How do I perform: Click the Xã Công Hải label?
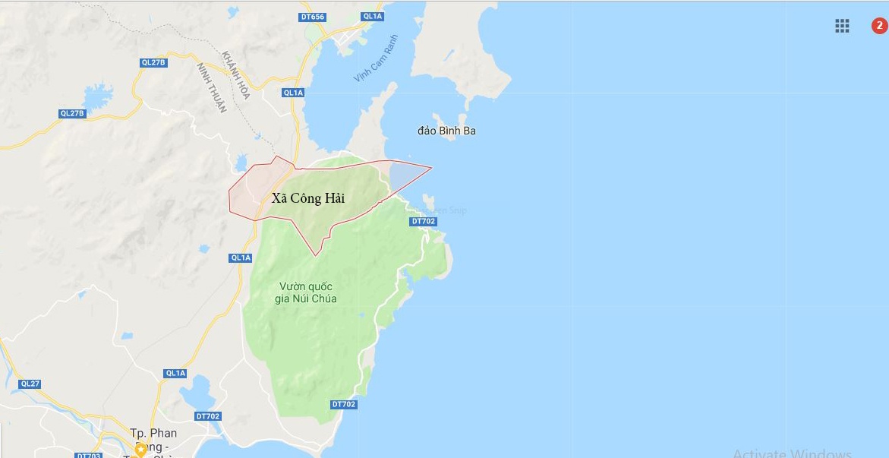pyautogui.click(x=307, y=199)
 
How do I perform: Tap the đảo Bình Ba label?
pyautogui.click(x=446, y=131)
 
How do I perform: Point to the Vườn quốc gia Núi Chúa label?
pyautogui.click(x=306, y=292)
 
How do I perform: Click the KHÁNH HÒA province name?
pyautogui.click(x=236, y=77)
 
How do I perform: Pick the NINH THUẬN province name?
pyautogui.click(x=212, y=88)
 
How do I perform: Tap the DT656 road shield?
pyautogui.click(x=312, y=16)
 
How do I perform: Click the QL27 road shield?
pyautogui.click(x=30, y=384)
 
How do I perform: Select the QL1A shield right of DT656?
pyautogui.click(x=373, y=16)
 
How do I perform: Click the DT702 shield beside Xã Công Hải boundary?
pyautogui.click(x=423, y=221)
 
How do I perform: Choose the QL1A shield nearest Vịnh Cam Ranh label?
pyautogui.click(x=293, y=93)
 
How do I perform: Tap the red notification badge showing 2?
pyautogui.click(x=879, y=26)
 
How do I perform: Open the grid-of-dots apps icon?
pyautogui.click(x=842, y=26)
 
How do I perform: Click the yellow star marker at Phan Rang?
pyautogui.click(x=140, y=450)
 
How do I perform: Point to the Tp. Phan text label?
pyautogui.click(x=153, y=434)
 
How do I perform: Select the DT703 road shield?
pyautogui.click(x=88, y=456)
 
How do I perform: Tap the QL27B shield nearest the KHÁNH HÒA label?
pyautogui.click(x=153, y=62)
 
